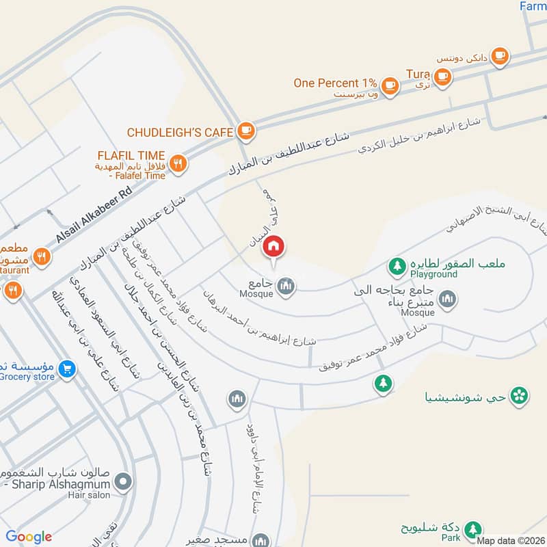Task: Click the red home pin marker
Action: pos(274,247)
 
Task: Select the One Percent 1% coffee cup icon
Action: pos(390,84)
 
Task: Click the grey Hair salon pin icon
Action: pos(123,483)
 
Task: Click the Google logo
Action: pos(29,536)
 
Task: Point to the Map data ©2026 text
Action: pos(511,541)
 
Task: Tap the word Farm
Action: pos(533,6)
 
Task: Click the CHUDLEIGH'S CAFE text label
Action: pos(180,131)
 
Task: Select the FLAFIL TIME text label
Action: pos(131,155)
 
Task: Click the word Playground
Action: pos(433,274)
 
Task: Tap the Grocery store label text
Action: pos(27,377)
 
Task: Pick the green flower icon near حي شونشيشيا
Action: pos(520,395)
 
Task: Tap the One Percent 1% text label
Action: pos(335,83)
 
